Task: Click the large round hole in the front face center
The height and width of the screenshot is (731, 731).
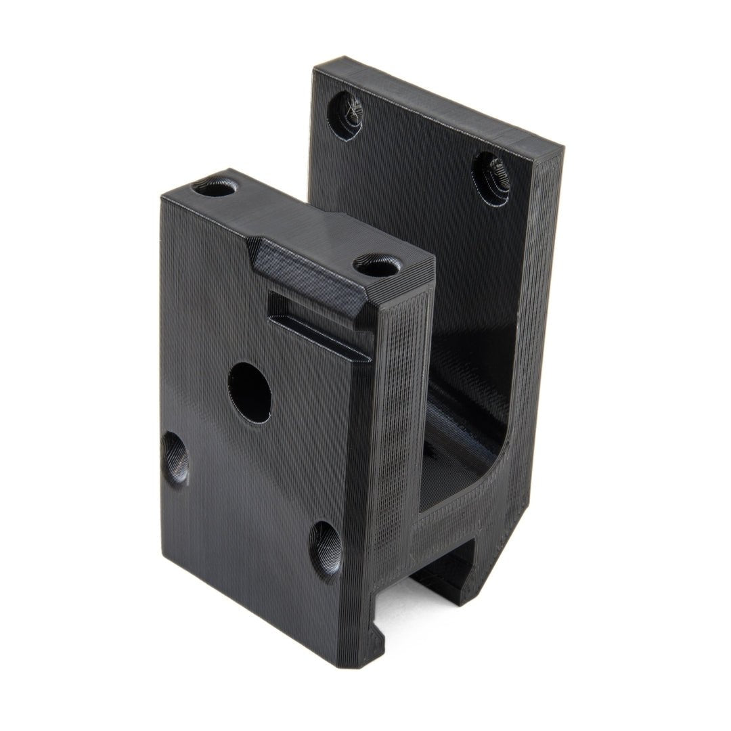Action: point(250,393)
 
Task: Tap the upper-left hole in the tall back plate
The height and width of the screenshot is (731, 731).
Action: point(345,115)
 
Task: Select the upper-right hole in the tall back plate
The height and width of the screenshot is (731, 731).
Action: point(491,177)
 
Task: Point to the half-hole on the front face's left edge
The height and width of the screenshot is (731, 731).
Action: point(175,458)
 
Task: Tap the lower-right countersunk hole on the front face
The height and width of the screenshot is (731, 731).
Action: point(326,552)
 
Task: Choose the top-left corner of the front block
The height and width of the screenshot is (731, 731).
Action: point(162,196)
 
